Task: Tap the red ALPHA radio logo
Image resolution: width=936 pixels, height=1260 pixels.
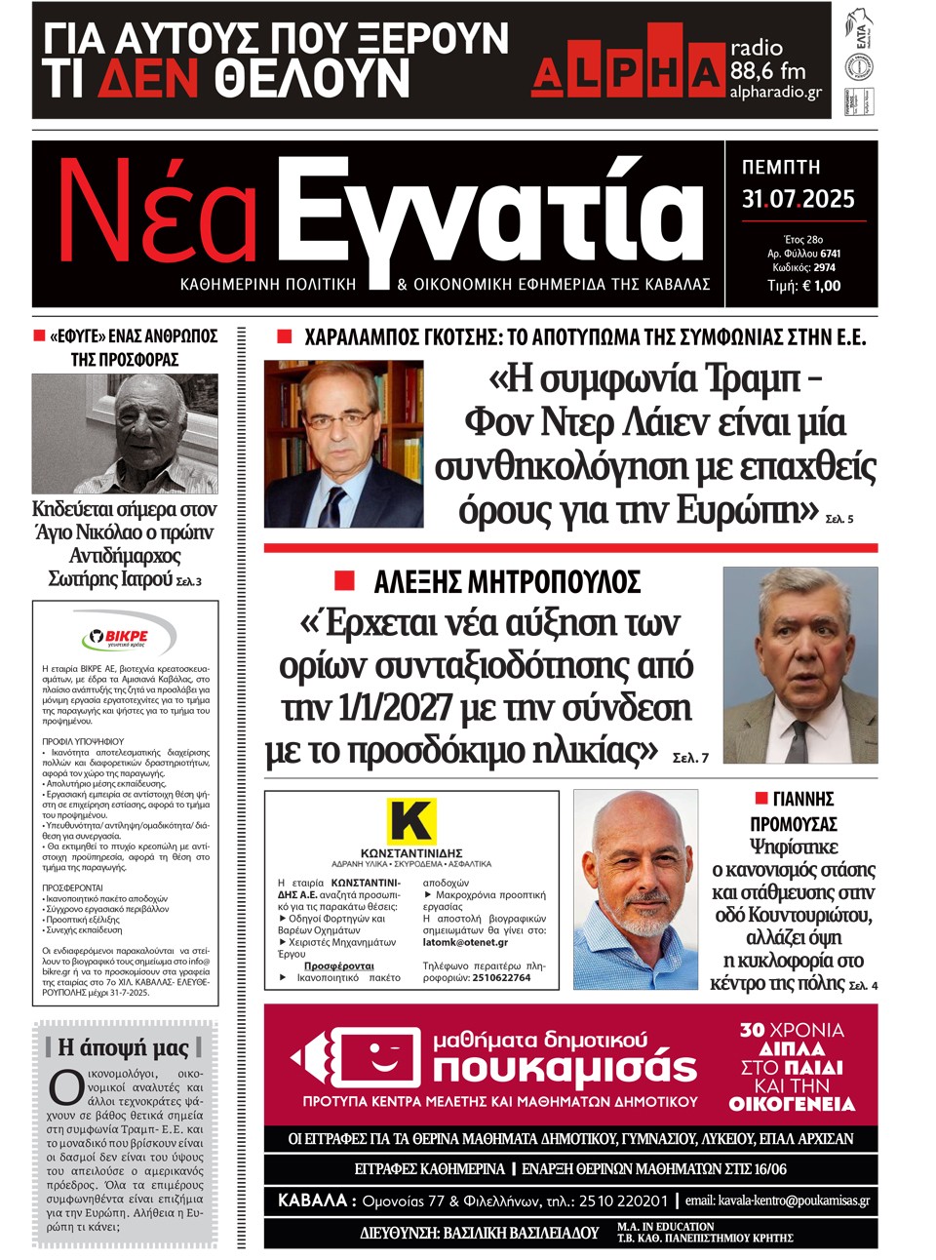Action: (x=628, y=69)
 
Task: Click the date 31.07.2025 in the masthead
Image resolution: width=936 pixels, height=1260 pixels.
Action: (x=798, y=199)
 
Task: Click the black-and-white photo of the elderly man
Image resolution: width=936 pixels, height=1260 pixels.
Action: (x=125, y=434)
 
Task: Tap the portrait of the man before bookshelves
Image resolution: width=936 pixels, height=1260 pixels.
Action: (x=343, y=444)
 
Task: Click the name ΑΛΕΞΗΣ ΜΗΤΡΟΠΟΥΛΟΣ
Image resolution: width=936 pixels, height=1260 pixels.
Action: (x=507, y=582)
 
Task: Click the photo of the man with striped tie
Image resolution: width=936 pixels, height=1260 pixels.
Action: (x=799, y=665)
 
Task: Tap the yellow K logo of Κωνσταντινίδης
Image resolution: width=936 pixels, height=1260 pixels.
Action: (x=410, y=821)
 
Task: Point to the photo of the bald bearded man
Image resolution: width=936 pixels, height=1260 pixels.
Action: (x=635, y=889)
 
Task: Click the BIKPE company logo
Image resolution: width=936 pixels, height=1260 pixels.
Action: (x=125, y=637)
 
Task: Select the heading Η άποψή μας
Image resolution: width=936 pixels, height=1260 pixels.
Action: (x=124, y=1047)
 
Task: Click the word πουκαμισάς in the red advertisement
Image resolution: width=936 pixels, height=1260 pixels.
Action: (x=565, y=1069)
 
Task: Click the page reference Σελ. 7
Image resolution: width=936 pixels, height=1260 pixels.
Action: (x=690, y=757)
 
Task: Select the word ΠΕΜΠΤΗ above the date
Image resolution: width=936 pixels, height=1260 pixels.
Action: (x=781, y=168)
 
